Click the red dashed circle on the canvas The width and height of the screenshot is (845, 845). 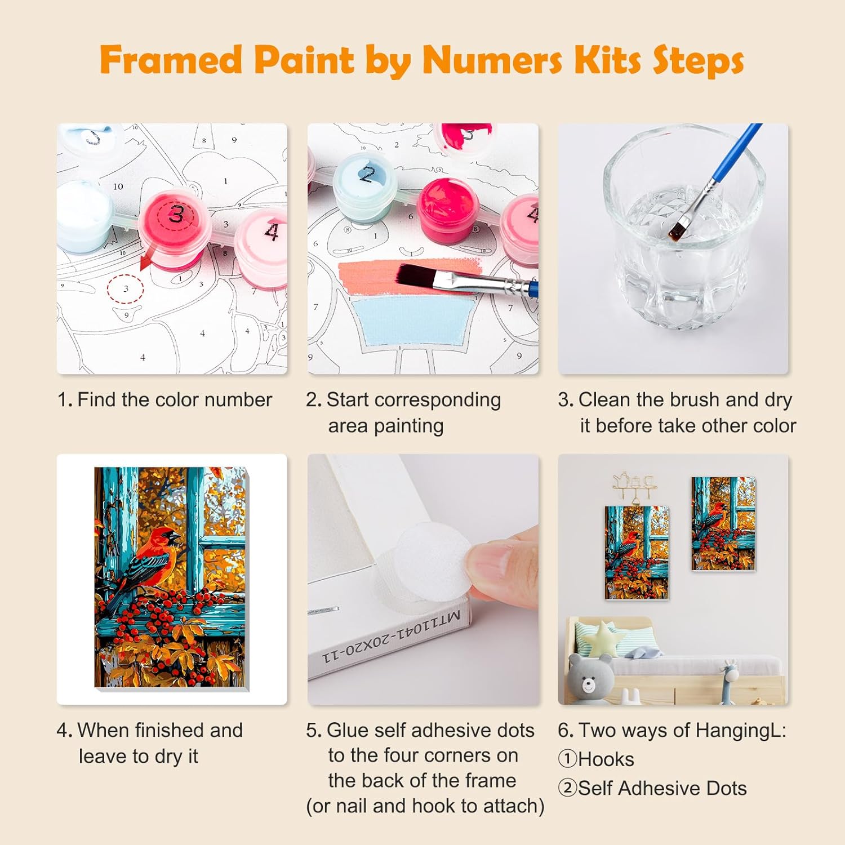pos(126,289)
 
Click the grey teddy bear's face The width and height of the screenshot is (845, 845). pos(589,682)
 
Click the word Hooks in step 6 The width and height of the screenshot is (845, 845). pos(606,759)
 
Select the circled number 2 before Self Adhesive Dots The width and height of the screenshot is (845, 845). pos(567,788)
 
